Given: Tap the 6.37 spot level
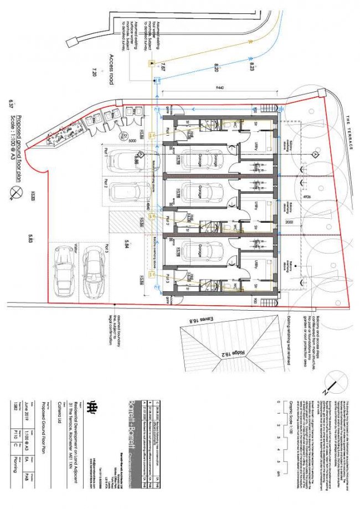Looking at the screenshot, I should point(11,104).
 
